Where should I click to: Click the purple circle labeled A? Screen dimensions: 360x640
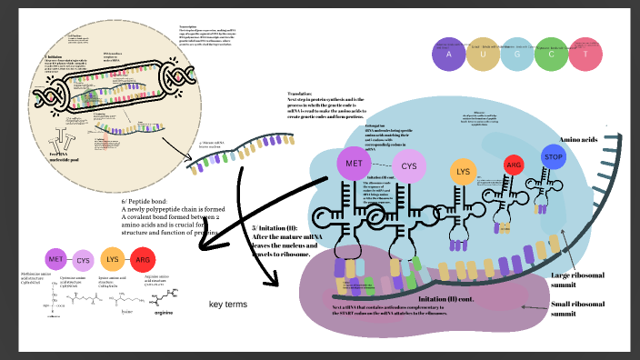448,55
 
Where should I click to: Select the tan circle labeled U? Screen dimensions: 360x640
483,55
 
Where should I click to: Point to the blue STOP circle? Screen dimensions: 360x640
554,156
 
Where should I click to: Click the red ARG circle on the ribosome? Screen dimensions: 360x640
514,165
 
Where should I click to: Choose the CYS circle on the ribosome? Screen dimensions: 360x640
409,166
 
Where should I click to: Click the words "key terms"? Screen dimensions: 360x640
229,304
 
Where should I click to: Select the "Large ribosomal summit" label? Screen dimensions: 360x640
575,280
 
